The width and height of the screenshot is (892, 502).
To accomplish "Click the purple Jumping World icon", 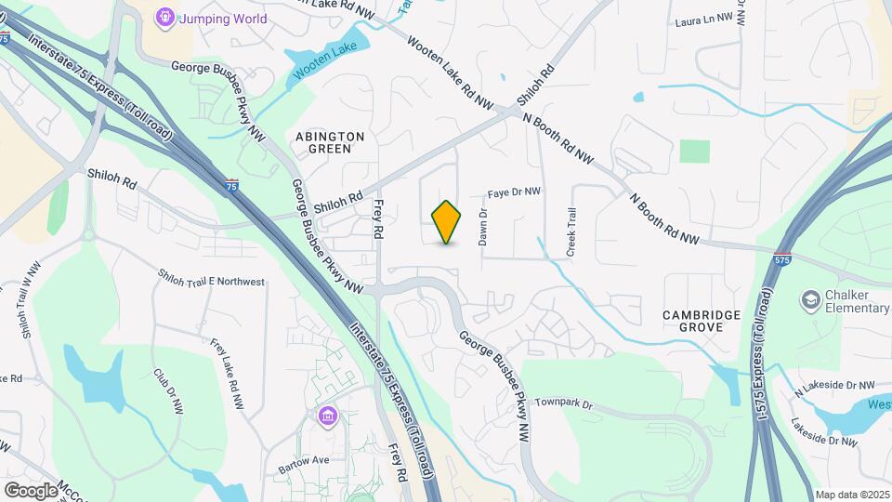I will click(165, 17).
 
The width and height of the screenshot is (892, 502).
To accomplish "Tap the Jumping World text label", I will click(223, 19).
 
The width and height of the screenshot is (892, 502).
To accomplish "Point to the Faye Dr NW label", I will click(515, 192).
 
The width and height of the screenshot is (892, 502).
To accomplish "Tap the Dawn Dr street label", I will click(483, 227).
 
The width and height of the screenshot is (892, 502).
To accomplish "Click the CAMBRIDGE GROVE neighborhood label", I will click(702, 321).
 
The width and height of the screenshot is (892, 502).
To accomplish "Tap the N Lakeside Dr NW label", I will click(835, 385).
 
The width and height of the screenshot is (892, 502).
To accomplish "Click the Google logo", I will click(31, 490).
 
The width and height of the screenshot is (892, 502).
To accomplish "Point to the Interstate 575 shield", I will click(783, 257).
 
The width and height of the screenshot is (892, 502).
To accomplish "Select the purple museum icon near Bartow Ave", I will click(326, 415).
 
